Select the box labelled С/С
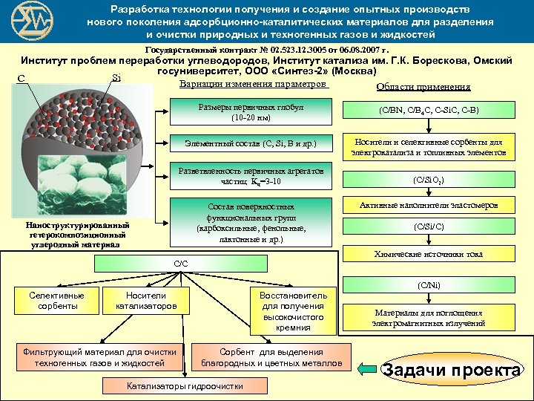tap(180, 264)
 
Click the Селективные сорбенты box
tap(56, 300)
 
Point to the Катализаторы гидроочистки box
tap(185, 386)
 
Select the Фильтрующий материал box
tap(99, 357)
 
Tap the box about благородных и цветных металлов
tap(271, 357)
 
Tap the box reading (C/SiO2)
tap(429, 179)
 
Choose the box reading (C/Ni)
tap(429, 284)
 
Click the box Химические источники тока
tap(429, 254)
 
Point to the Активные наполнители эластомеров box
tap(429, 204)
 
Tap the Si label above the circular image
tap(116, 76)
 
